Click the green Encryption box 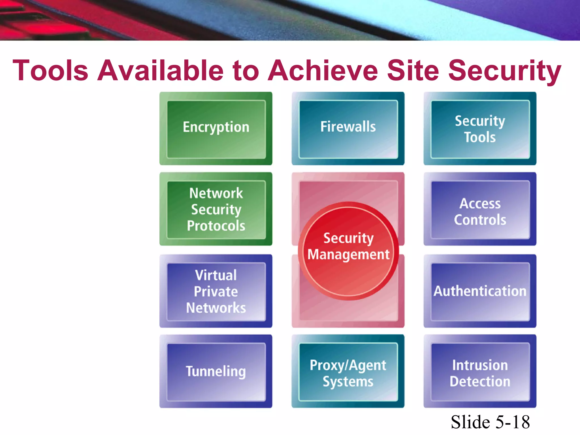pyautogui.click(x=216, y=128)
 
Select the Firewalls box pyautogui.click(x=348, y=128)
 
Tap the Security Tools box pyautogui.click(x=480, y=128)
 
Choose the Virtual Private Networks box pyautogui.click(x=216, y=291)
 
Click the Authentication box pyautogui.click(x=480, y=291)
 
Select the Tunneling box pyautogui.click(x=216, y=371)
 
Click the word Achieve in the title pyautogui.click(x=323, y=70)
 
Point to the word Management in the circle pyautogui.click(x=348, y=254)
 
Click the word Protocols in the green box pyautogui.click(x=216, y=226)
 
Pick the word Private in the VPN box pyautogui.click(x=216, y=291)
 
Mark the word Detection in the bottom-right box pyautogui.click(x=480, y=381)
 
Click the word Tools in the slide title pyautogui.click(x=50, y=70)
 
